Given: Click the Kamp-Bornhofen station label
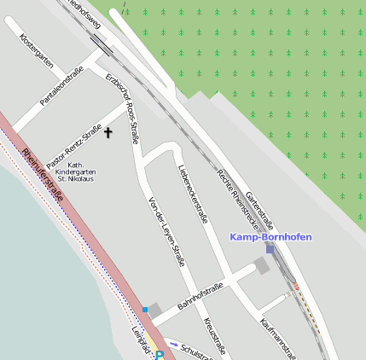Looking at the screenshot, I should [270, 236].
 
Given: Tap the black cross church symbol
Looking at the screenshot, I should [108, 132].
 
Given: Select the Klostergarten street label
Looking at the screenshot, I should [37, 52].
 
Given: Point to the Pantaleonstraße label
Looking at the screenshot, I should [61, 87].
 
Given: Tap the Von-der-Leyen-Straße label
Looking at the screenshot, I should [167, 231].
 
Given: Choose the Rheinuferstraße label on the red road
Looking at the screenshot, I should [42, 175].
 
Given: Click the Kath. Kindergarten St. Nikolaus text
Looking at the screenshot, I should [75, 171].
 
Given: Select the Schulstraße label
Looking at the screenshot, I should [200, 351].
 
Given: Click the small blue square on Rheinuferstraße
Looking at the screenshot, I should [145, 309].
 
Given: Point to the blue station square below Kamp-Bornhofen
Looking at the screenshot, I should [270, 249].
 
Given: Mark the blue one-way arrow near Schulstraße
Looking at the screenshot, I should [174, 345].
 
